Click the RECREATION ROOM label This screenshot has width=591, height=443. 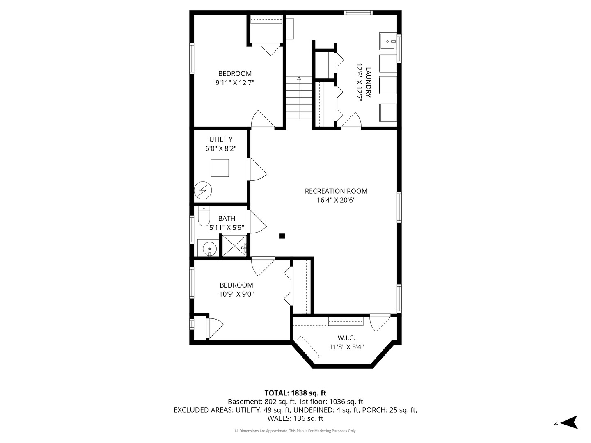click(x=336, y=191)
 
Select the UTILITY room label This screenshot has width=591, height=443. click(x=221, y=139)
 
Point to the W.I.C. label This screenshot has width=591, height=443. click(x=346, y=338)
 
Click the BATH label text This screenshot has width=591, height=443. click(x=227, y=219)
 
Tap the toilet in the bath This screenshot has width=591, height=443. click(x=204, y=216)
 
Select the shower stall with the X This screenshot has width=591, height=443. click(x=234, y=246)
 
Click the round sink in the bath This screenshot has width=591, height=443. click(x=210, y=248)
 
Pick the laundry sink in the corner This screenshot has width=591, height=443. click(x=387, y=41)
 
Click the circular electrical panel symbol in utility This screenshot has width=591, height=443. click(x=203, y=190)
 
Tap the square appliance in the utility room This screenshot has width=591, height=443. click(x=220, y=168)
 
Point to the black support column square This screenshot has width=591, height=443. click(x=282, y=236)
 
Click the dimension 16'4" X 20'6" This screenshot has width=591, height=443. click(x=336, y=200)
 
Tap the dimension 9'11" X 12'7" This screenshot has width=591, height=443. click(x=235, y=83)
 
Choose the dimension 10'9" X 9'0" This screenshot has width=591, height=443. click(x=236, y=294)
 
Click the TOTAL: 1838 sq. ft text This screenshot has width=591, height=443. click(x=295, y=393)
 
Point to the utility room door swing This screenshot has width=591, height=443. click(x=257, y=169)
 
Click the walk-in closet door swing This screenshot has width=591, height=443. click(x=379, y=322)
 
